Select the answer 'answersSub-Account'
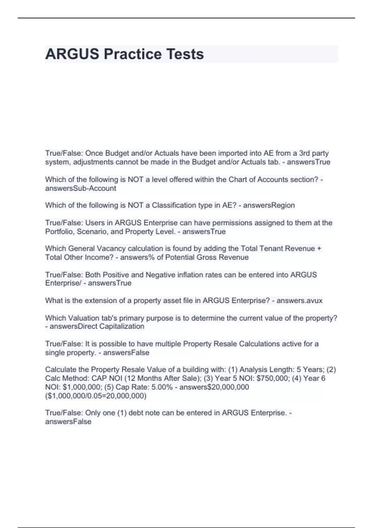(x=81, y=188)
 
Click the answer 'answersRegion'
(x=269, y=205)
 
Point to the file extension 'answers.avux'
(x=299, y=300)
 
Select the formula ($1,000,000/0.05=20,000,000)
(x=96, y=396)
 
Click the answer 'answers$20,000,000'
(x=214, y=387)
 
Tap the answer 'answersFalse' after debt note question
(x=68, y=421)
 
